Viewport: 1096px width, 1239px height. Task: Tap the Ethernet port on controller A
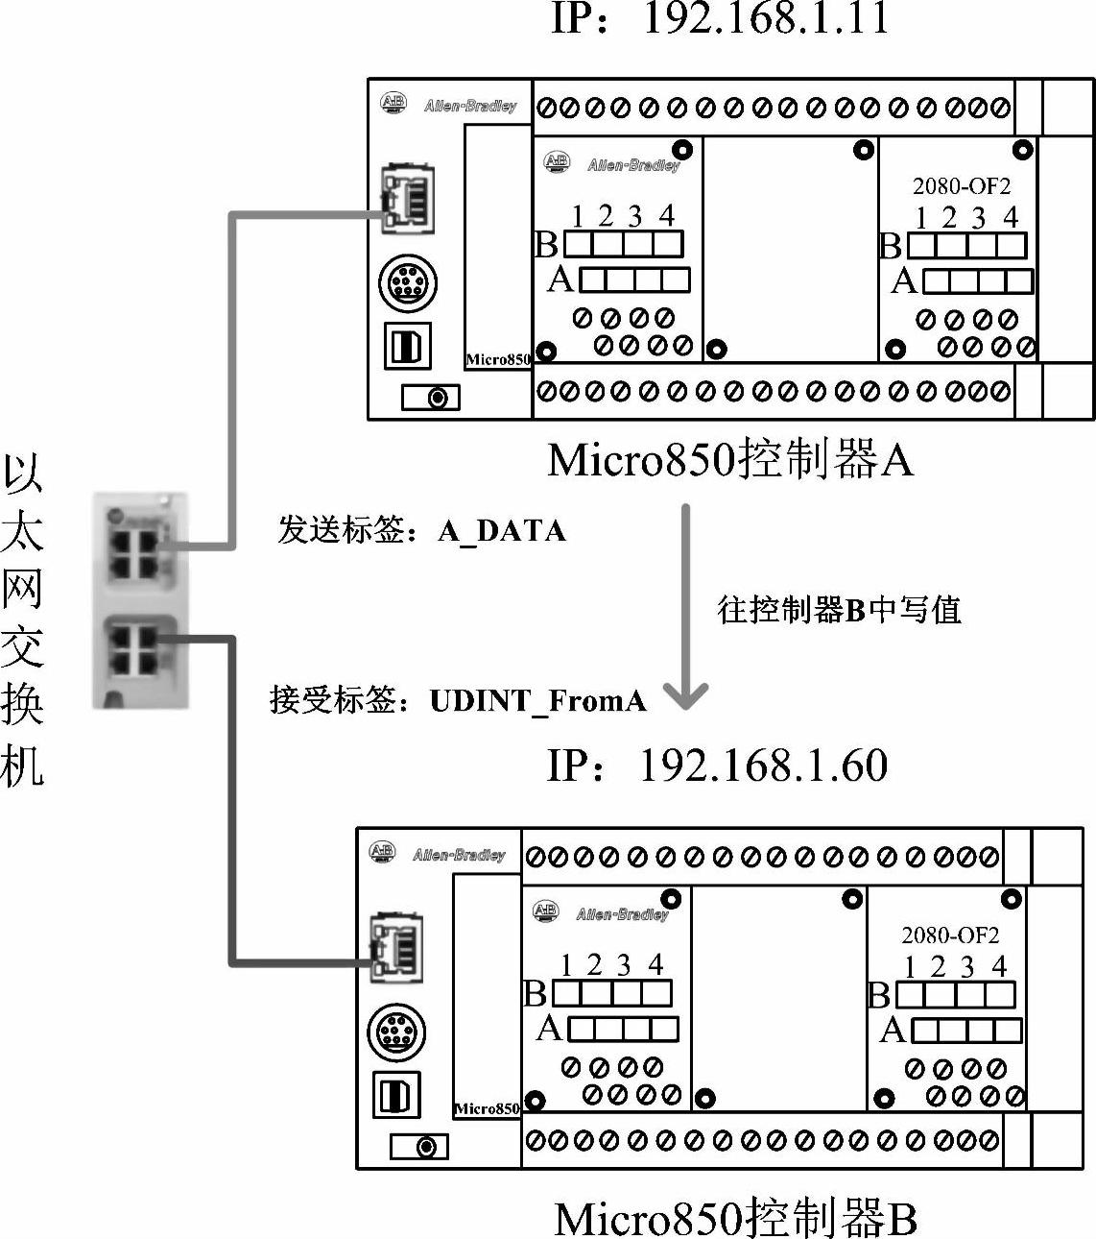pos(407,198)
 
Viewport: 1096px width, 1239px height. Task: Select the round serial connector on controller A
pos(408,283)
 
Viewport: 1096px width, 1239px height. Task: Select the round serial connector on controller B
pos(396,1032)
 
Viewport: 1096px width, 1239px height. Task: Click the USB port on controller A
pos(408,346)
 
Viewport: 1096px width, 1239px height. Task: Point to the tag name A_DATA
pos(501,531)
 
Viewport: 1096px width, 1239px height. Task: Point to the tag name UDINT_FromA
pos(537,700)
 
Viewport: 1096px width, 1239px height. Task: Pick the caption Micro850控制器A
pos(729,460)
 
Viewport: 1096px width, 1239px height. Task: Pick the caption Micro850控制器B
pos(735,1218)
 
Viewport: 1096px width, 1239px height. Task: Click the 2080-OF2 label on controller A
pos(961,185)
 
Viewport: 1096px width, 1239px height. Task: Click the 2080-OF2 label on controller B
pos(949,935)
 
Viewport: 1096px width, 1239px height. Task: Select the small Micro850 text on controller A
pos(498,360)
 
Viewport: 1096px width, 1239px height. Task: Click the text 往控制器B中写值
pos(839,610)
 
